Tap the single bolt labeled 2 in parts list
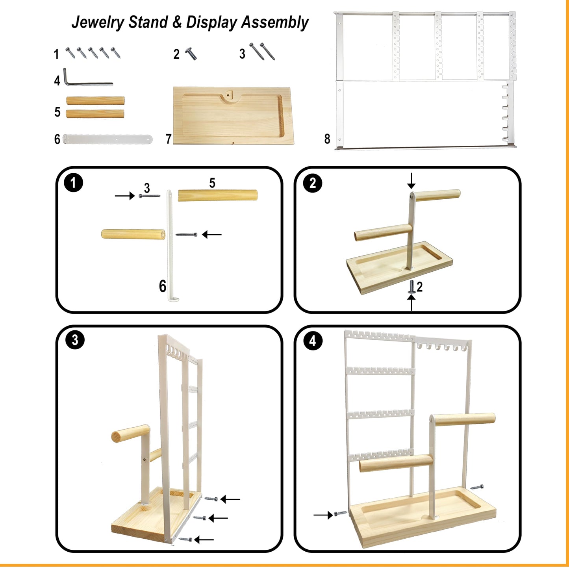[x=191, y=54]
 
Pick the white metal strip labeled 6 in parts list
[x=107, y=139]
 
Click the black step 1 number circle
[x=73, y=183]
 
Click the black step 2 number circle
[x=313, y=183]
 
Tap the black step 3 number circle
[x=75, y=340]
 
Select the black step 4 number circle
[x=313, y=341]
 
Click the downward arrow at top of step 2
[x=411, y=181]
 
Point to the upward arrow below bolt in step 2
[x=411, y=302]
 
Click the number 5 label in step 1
[x=212, y=183]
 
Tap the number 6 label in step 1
[x=162, y=286]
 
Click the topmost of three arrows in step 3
[x=230, y=499]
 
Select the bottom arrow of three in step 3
[x=204, y=539]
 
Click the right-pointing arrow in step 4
[x=323, y=515]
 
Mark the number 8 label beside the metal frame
[x=327, y=139]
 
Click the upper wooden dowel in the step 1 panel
[x=217, y=195]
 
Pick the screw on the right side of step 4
[x=477, y=487]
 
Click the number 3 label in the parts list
[x=242, y=54]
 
